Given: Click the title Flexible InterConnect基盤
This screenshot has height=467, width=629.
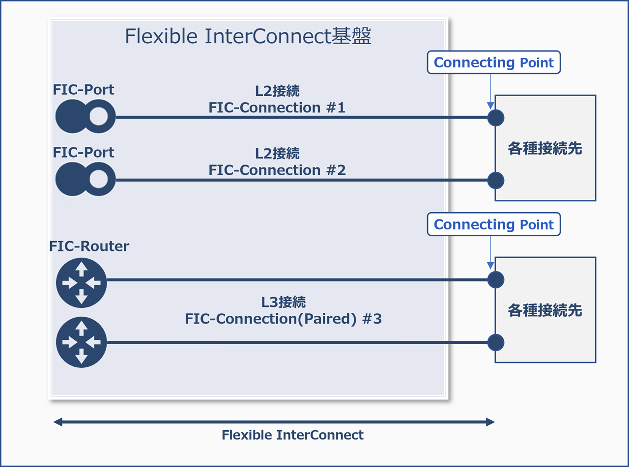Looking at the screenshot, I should pyautogui.click(x=248, y=37).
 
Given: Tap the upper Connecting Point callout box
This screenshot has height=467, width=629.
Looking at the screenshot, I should pyautogui.click(x=493, y=62).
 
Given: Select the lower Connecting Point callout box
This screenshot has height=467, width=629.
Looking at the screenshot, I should pyautogui.click(x=493, y=224).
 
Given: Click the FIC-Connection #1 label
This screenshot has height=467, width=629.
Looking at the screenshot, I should pyautogui.click(x=277, y=108).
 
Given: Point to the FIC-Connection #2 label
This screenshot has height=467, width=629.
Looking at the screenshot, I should pyautogui.click(x=277, y=170).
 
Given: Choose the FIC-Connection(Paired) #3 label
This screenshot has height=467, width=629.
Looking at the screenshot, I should pyautogui.click(x=283, y=319).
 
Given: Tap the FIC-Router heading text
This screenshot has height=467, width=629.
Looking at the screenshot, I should pyautogui.click(x=89, y=246).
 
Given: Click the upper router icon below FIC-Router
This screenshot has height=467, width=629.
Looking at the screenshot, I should pyautogui.click(x=82, y=282).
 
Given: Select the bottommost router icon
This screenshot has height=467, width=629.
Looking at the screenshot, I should pyautogui.click(x=82, y=342).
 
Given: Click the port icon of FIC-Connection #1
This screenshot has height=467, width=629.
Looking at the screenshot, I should pyautogui.click(x=85, y=117).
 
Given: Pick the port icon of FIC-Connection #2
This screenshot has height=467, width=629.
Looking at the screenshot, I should pyautogui.click(x=85, y=179).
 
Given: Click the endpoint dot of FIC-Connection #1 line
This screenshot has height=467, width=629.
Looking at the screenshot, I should pyautogui.click(x=496, y=117).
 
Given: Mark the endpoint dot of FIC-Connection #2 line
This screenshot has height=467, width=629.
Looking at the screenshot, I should pyautogui.click(x=496, y=180).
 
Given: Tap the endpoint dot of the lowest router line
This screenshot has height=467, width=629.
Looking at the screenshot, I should pyautogui.click(x=496, y=342).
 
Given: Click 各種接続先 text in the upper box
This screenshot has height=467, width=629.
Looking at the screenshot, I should pyautogui.click(x=544, y=149).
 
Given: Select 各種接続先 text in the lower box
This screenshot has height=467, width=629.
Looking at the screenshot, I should pyautogui.click(x=544, y=310).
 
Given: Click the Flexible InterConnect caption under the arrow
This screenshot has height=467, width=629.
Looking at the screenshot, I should pyautogui.click(x=292, y=435).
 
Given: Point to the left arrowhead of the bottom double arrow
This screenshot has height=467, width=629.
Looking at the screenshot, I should pyautogui.click(x=58, y=422).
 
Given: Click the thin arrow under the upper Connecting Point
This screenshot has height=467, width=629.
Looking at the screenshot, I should pyautogui.click(x=490, y=91).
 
